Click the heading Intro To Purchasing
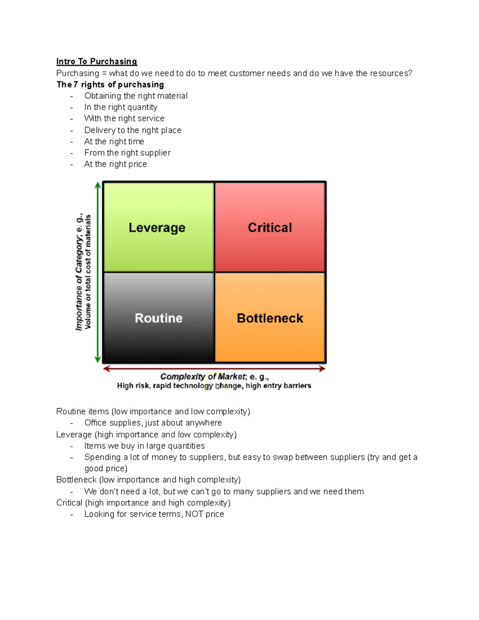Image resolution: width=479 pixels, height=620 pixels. tap(97, 61)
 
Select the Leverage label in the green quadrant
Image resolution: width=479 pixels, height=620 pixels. tap(157, 228)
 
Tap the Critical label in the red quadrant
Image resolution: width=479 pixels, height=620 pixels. tap(270, 228)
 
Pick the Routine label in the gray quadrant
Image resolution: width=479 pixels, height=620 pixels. tap(158, 318)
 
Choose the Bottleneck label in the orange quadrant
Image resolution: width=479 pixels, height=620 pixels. tap(270, 318)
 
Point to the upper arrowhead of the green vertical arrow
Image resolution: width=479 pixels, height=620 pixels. tap(98, 185)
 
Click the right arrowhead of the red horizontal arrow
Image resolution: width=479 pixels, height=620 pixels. tap(322, 369)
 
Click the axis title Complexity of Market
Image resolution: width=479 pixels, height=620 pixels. tap(203, 376)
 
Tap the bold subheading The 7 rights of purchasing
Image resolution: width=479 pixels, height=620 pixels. tap(110, 85)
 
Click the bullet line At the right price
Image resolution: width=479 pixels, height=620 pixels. tap(115, 164)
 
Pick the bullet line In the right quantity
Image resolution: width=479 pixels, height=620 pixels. tap(121, 107)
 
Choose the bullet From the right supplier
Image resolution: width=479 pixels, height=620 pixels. tap(127, 153)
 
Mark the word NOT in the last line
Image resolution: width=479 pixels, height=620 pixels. tap(194, 514)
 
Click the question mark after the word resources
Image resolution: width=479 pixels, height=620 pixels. tap(410, 73)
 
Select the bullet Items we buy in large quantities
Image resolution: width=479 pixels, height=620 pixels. tap(144, 446)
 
